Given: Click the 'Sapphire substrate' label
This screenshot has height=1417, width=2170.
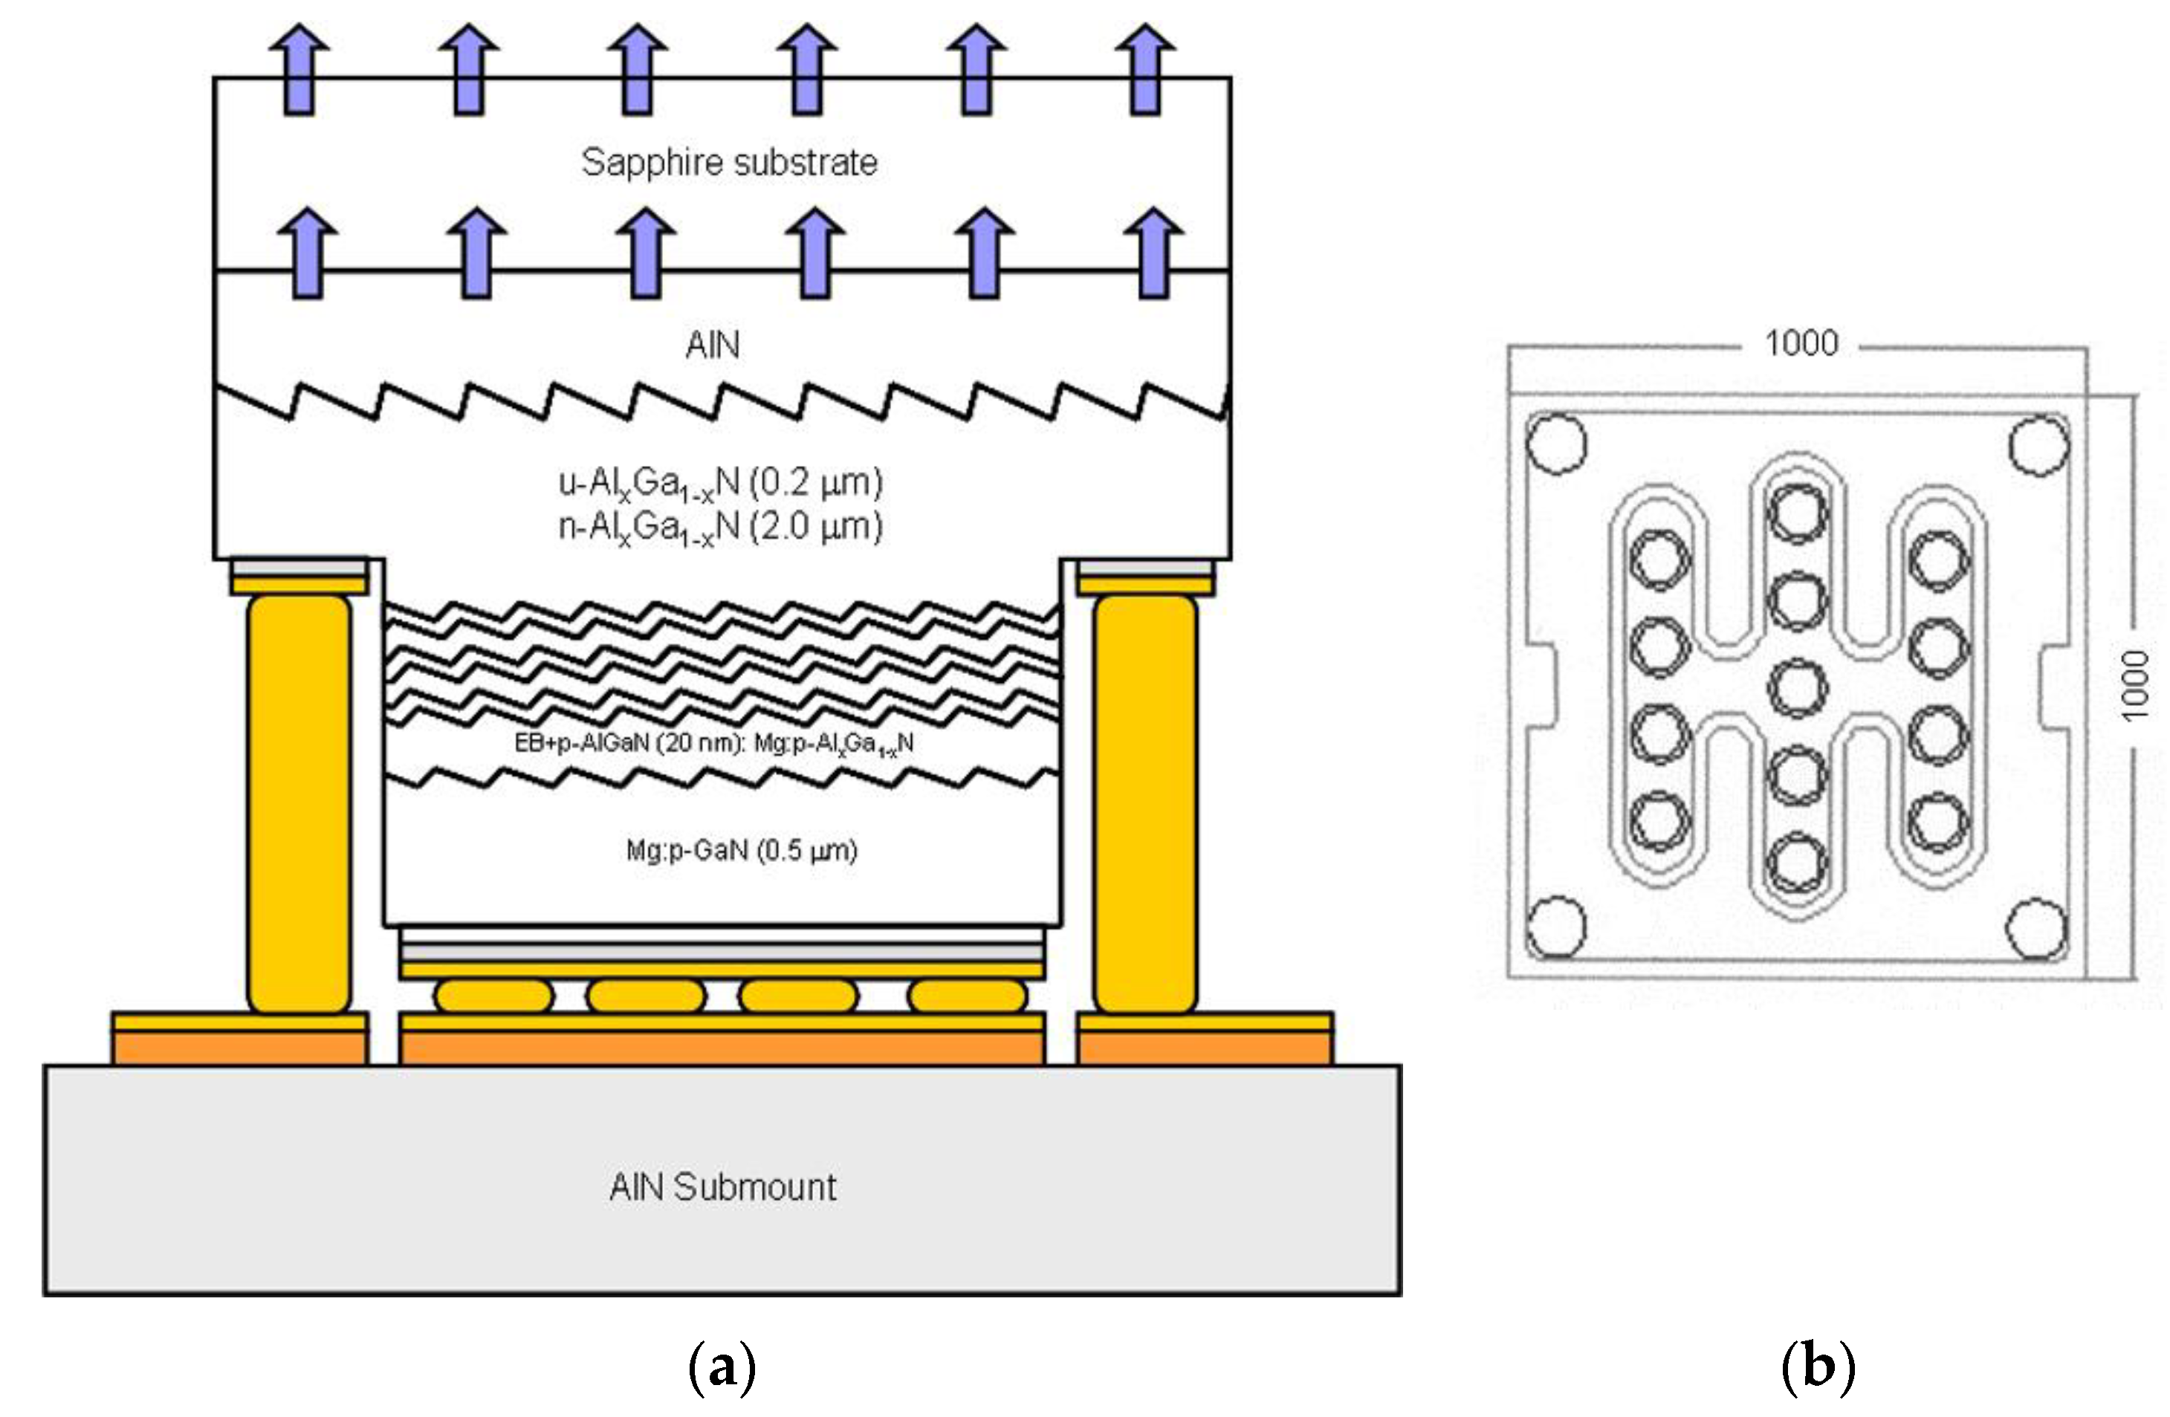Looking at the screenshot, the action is point(730,162).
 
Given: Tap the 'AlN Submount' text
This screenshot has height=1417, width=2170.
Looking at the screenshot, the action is point(722,1187).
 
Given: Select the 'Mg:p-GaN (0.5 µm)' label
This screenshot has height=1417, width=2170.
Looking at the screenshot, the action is point(741,851).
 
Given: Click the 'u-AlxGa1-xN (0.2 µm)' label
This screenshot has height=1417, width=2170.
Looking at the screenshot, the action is point(720,483).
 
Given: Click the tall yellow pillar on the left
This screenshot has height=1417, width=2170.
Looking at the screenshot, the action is point(299,803).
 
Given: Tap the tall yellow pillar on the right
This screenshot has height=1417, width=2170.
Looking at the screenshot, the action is point(1145,803).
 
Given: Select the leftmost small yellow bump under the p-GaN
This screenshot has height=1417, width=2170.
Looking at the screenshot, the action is point(493,996).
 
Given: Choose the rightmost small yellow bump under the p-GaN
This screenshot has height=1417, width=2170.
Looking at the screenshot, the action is point(968,996).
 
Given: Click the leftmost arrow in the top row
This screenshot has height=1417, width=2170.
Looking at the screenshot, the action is point(299,69).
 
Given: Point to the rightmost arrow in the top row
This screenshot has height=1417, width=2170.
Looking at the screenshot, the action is point(1145,69).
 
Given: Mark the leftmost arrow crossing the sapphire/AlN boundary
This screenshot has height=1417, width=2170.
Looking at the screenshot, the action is point(307,253).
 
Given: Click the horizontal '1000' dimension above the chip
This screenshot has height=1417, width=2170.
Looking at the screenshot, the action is point(1801,344).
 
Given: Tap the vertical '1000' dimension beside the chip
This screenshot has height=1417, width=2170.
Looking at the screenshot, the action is point(2134,685).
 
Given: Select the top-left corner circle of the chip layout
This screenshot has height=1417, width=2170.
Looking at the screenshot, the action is point(1556,444).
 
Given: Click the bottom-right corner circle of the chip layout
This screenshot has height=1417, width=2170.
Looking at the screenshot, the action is point(2038,929).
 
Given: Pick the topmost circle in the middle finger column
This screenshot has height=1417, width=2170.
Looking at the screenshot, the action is point(1798,513).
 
